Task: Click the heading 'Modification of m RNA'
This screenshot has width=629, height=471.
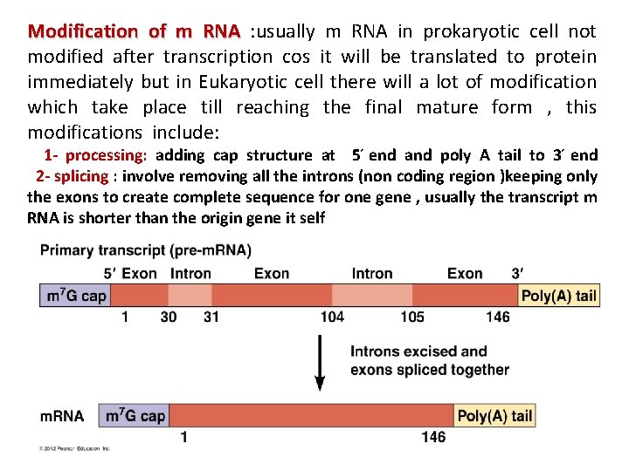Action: pos(134,31)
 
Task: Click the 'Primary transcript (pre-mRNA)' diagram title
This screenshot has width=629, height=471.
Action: pos(145,251)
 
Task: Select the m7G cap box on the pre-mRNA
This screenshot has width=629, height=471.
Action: pos(75,296)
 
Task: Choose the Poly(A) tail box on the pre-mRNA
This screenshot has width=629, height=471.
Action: pos(558,296)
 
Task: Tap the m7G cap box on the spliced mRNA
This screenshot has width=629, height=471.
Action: pos(135,416)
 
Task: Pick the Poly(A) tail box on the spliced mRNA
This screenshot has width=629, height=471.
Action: pos(494,416)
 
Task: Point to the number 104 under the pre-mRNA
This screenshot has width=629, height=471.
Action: pos(332,317)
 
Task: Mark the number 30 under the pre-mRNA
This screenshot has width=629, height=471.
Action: pos(169,317)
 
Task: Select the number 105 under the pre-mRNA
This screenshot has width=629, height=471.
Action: pos(412,317)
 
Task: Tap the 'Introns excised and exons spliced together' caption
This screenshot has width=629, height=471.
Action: pos(428,360)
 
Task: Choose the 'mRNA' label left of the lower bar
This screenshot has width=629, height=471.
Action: pos(63,416)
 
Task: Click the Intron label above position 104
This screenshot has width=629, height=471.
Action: pos(372,273)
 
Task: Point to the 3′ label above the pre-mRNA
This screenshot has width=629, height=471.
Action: pos(517,273)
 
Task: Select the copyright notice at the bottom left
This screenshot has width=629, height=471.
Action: pos(74,449)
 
